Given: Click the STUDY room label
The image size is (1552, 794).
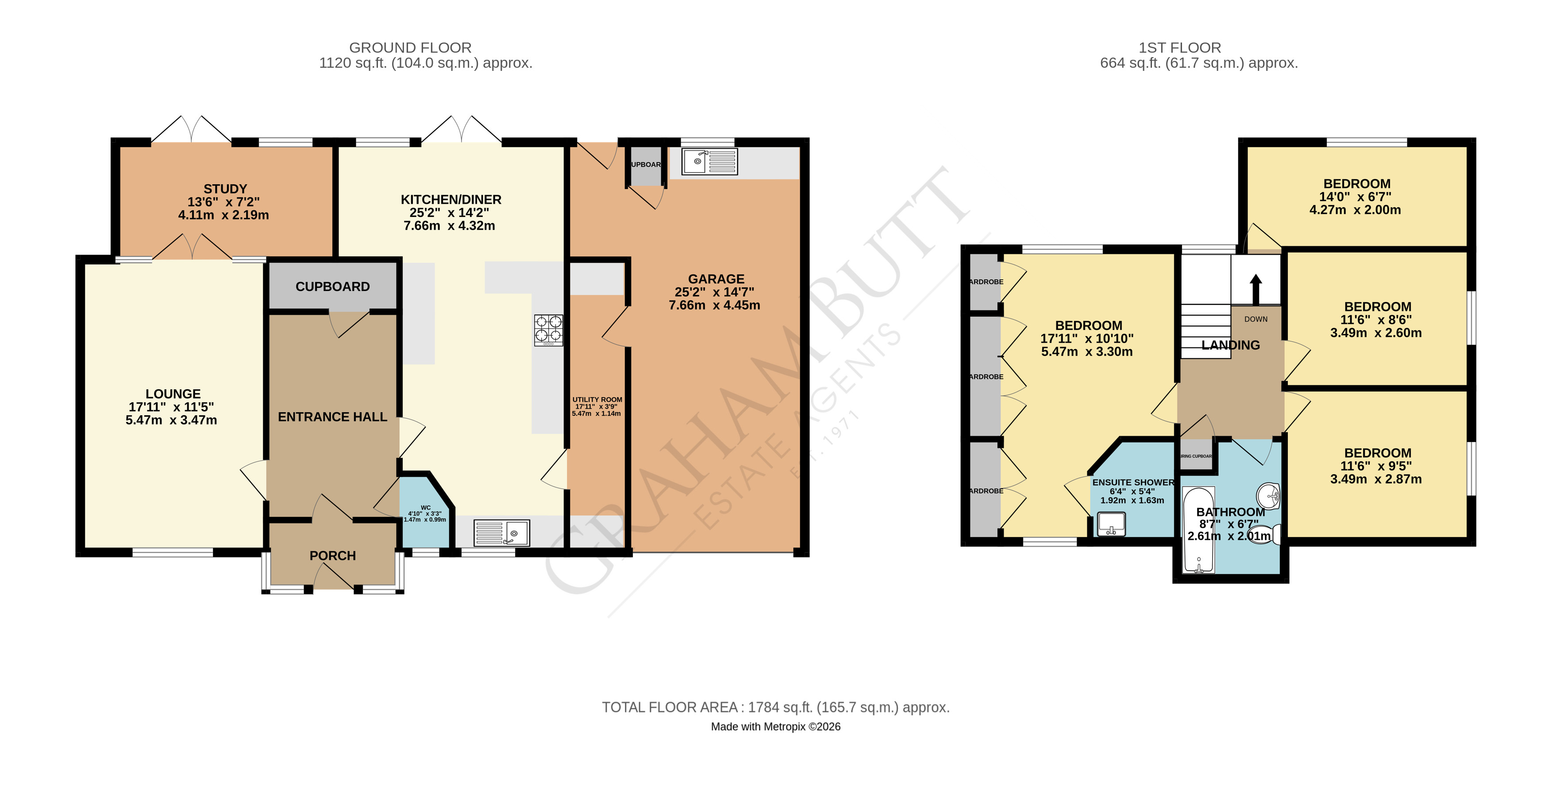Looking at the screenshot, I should (x=225, y=189).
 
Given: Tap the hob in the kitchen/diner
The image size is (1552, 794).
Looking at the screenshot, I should (x=548, y=330).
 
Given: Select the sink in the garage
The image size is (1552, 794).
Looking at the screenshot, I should (x=709, y=162).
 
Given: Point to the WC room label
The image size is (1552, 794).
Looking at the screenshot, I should (x=425, y=507).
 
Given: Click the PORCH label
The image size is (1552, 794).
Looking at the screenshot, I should (x=333, y=556).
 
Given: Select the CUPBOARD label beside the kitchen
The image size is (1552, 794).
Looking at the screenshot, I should (x=333, y=287).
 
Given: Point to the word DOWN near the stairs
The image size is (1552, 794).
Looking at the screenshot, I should (x=1255, y=319).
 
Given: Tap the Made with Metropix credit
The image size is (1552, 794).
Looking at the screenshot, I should (x=775, y=727).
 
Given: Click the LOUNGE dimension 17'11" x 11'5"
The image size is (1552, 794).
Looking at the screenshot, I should (x=171, y=407).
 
